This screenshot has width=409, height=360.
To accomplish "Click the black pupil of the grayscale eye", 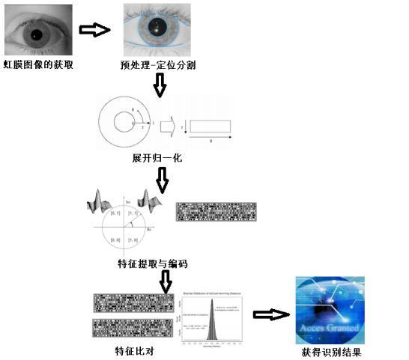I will click(36, 34).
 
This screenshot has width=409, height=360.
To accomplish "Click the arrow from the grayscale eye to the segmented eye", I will click(94, 30).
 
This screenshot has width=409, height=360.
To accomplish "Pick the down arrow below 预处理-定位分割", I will click(160, 85).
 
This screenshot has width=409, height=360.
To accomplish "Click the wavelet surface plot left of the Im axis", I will click(101, 201).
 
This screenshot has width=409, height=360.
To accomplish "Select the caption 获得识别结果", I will click(334, 352).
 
